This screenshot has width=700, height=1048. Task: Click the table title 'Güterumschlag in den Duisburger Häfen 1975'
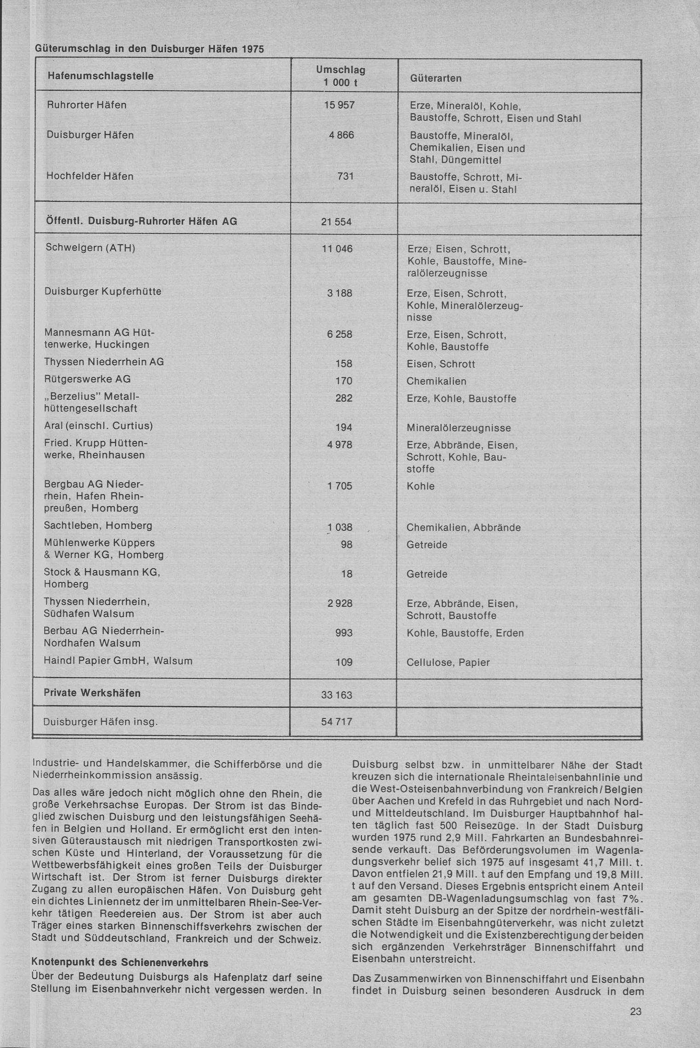click(149, 49)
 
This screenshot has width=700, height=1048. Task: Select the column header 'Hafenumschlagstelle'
click(100, 76)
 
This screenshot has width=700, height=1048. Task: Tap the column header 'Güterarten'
click(436, 78)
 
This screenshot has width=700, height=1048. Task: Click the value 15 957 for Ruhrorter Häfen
click(339, 105)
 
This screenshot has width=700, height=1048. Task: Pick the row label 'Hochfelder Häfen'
click(90, 177)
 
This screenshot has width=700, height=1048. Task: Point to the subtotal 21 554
click(336, 222)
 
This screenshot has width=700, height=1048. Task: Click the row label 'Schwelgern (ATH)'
click(90, 248)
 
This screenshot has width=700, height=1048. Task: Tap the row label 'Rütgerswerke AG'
click(87, 379)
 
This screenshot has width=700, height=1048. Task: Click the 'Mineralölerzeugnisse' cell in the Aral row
click(459, 428)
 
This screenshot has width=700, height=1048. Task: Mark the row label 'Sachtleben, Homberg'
click(98, 526)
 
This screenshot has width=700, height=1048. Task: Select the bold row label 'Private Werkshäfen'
click(92, 693)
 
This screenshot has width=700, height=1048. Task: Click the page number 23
click(636, 1011)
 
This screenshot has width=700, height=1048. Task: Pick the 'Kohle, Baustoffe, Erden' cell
click(465, 633)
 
